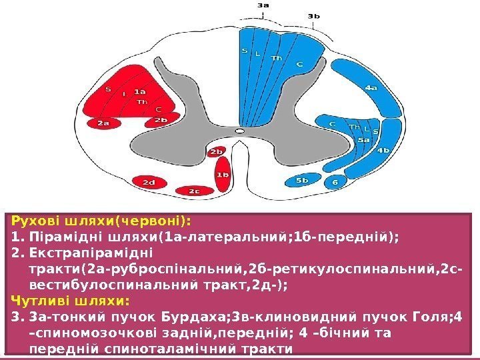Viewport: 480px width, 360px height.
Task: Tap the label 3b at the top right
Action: point(313,16)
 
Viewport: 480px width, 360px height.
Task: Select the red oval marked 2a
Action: point(103,123)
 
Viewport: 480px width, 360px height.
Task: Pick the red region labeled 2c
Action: point(193,191)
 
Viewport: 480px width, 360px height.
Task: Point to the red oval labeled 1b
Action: point(223,175)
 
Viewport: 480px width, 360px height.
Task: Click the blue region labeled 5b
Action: point(302,180)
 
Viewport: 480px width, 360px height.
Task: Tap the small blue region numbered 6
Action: point(335,181)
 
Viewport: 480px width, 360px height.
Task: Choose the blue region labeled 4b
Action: point(383,151)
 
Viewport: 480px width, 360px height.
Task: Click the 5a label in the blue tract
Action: point(364,141)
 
